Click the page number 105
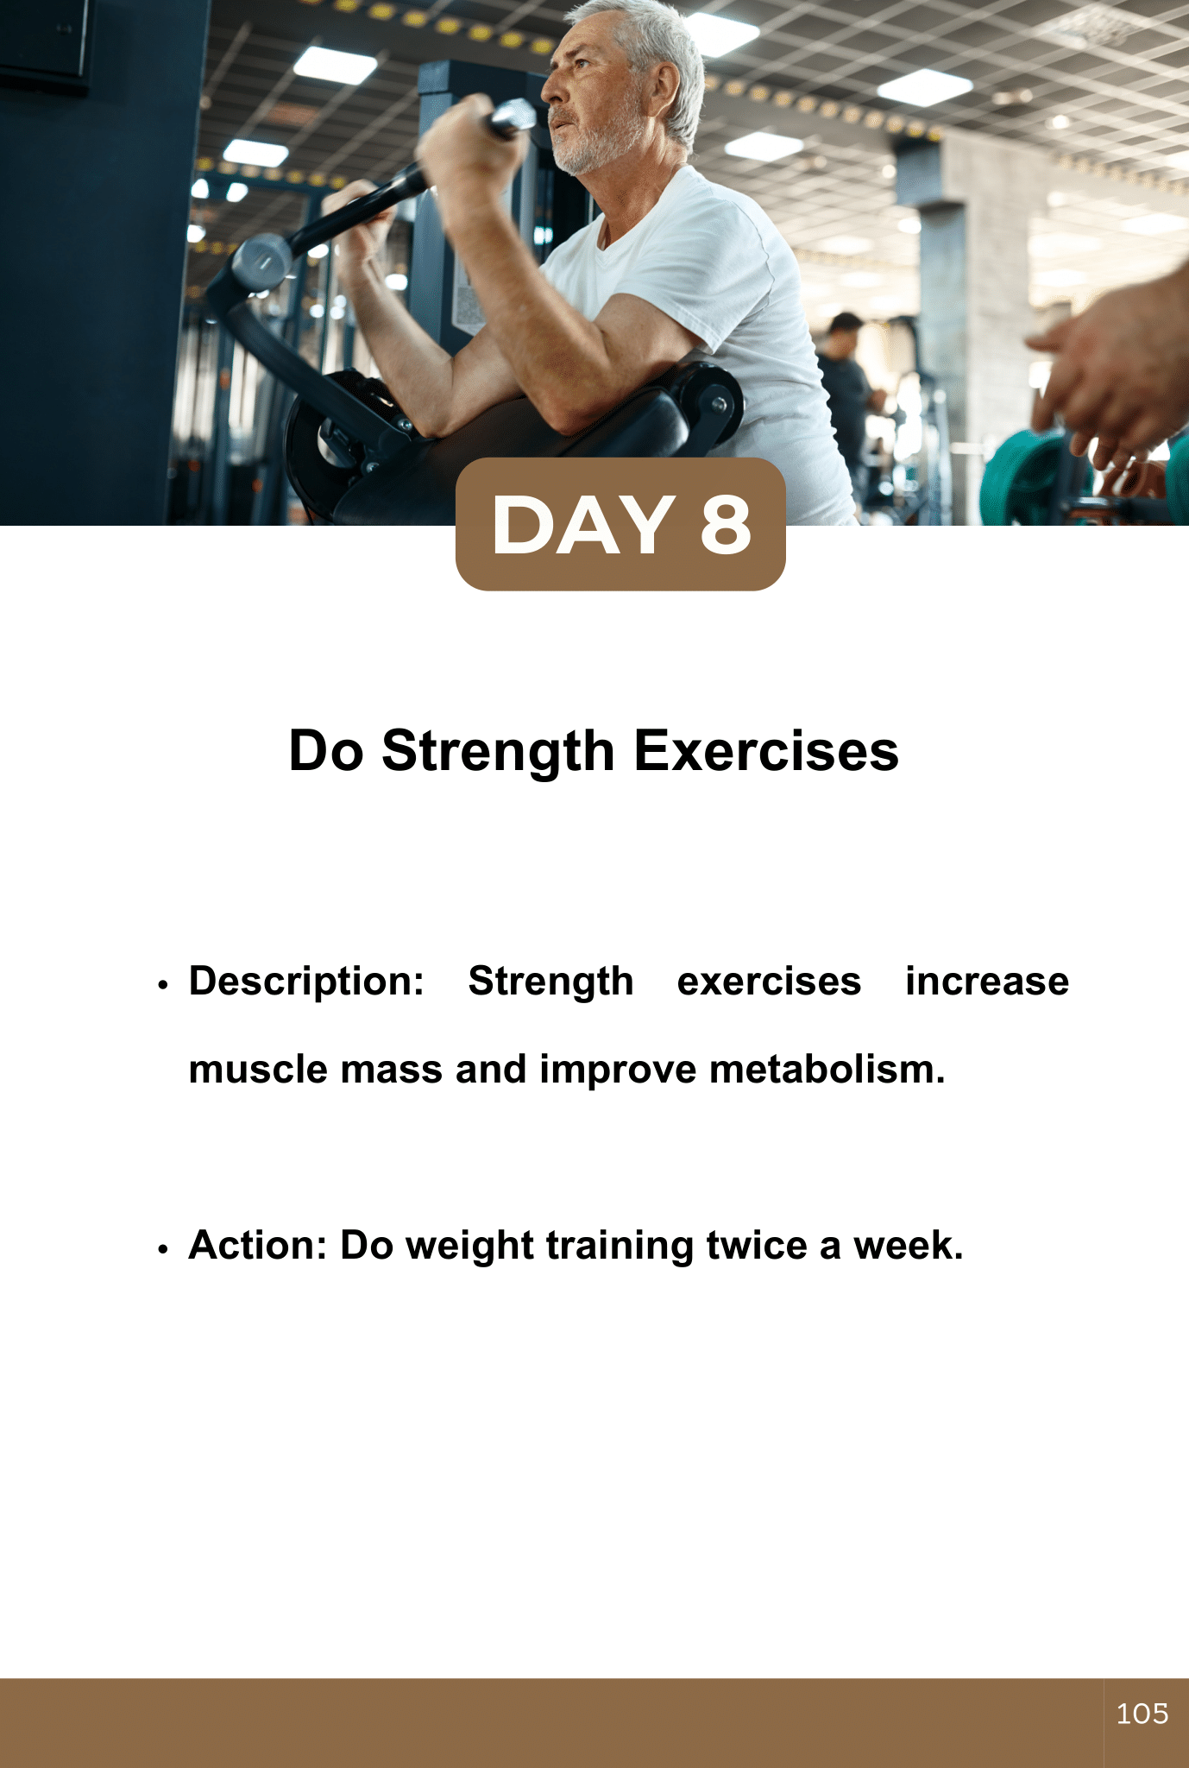(x=1142, y=1714)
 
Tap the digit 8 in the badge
(x=726, y=525)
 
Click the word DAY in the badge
(x=583, y=525)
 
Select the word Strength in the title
(x=498, y=751)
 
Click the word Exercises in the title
(x=766, y=750)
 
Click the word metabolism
(x=827, y=1069)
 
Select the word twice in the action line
(x=757, y=1245)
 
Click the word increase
(x=987, y=982)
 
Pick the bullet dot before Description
(x=162, y=985)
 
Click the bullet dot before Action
(x=162, y=1248)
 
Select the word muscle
(x=258, y=1069)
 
